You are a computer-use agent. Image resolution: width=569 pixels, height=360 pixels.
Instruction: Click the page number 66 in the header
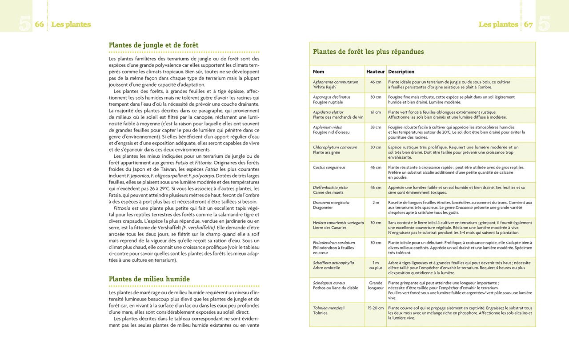[39, 24]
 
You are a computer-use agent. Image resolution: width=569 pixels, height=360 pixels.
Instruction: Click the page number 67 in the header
[528, 24]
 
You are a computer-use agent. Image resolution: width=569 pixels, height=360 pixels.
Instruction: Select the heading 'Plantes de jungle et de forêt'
[153, 45]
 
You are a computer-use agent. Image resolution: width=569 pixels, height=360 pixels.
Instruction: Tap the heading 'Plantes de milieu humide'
[149, 279]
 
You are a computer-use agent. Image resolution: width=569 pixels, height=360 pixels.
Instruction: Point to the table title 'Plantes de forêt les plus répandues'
[368, 52]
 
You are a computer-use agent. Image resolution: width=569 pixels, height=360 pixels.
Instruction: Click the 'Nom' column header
[318, 72]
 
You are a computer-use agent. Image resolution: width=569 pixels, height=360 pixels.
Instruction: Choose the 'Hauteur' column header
[375, 72]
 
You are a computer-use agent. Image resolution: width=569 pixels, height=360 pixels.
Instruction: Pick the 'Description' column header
[401, 72]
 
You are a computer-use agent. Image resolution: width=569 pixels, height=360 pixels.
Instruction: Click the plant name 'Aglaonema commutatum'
[335, 82]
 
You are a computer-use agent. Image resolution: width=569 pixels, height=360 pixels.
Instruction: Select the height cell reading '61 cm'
[375, 112]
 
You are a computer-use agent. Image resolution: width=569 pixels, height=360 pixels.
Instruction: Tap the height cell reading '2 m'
[375, 203]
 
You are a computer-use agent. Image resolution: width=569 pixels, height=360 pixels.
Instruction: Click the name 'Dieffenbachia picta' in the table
[330, 188]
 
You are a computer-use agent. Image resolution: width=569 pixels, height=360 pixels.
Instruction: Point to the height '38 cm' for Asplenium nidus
[375, 128]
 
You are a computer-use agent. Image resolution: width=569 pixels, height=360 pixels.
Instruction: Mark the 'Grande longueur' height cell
[375, 285]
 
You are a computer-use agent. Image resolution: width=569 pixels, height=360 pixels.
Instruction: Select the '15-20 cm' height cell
[375, 308]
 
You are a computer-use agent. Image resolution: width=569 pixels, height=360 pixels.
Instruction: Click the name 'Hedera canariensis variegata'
[338, 223]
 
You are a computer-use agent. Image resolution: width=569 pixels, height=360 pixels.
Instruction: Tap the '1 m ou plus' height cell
[375, 265]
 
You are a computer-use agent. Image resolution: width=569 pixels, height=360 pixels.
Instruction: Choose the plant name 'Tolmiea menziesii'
[329, 308]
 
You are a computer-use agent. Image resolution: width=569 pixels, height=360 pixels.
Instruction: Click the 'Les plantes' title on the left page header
[71, 24]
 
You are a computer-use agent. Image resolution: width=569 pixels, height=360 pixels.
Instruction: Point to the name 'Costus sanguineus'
[329, 168]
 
